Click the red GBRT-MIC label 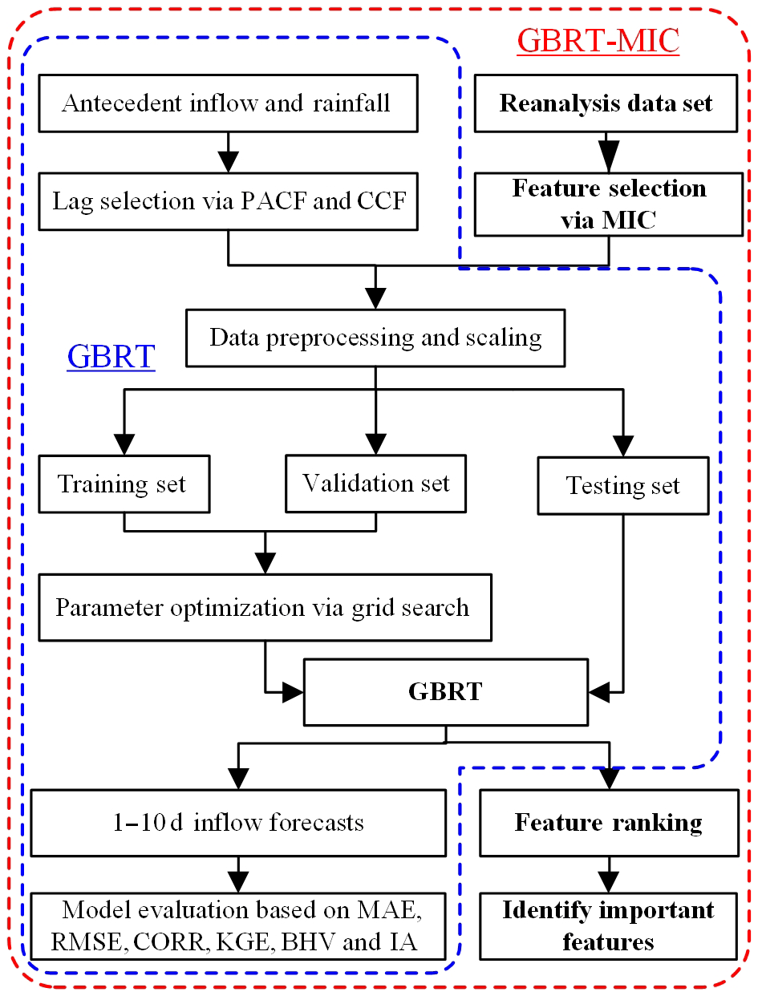[x=598, y=40]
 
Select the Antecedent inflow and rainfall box [x=228, y=103]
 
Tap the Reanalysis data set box [x=606, y=103]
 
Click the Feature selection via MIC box [x=609, y=204]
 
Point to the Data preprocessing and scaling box [x=375, y=337]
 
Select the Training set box [x=123, y=484]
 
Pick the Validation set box [x=375, y=484]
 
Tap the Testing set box [x=623, y=485]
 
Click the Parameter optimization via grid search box [x=264, y=607]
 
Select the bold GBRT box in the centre [x=445, y=691]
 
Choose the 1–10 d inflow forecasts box [x=237, y=822]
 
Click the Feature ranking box [x=609, y=822]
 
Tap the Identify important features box [x=609, y=925]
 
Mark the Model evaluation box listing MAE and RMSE [x=237, y=925]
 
